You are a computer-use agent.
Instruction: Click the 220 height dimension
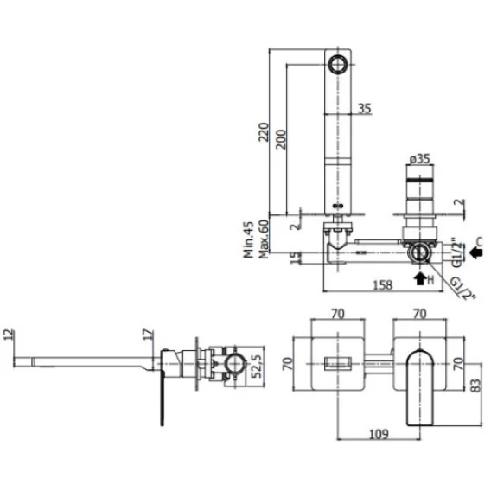pos(264,132)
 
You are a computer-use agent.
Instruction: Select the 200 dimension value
pos(281,139)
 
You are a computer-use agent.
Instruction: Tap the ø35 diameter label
pos(420,159)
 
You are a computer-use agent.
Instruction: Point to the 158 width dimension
pos(383,285)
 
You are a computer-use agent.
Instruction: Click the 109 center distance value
pos(379,434)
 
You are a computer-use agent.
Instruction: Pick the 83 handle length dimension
pos(475,386)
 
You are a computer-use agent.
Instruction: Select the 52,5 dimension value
pos(257,367)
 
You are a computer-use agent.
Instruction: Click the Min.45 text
pos(249,239)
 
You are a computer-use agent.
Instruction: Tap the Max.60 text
pos(264,239)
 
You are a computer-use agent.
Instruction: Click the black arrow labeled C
pos(476,252)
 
